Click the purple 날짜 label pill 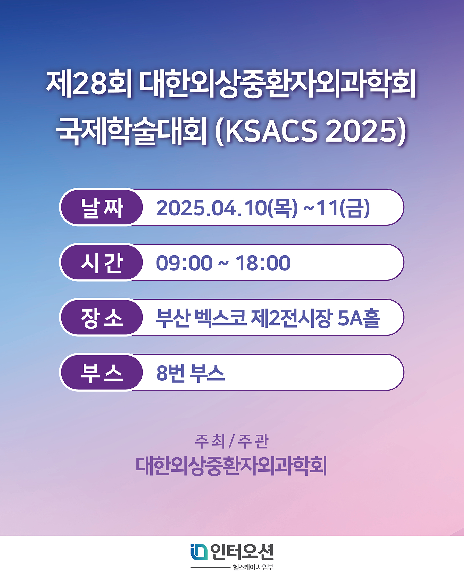tap(102, 207)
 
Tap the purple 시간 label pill tap(102, 262)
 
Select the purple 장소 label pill tap(102, 317)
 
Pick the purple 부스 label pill tap(102, 372)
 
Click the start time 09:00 tap(184, 263)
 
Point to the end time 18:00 tap(263, 263)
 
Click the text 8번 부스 tap(190, 373)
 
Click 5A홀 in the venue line tap(359, 318)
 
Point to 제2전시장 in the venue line tap(292, 318)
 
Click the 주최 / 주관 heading tap(231, 441)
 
